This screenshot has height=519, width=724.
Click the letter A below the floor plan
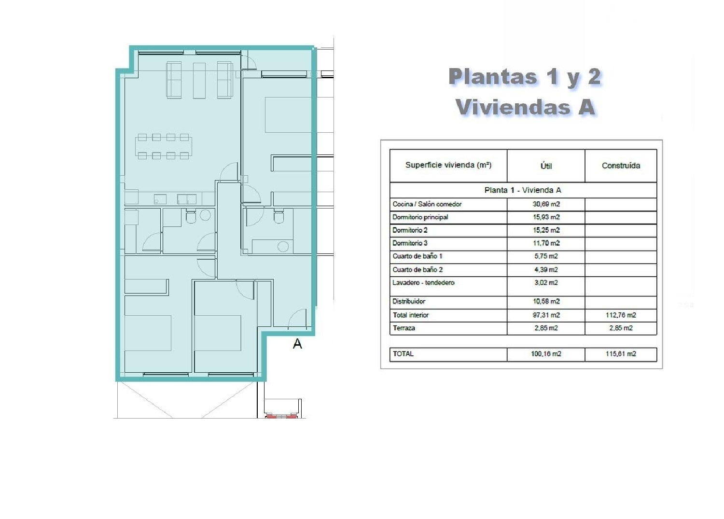[x=297, y=344]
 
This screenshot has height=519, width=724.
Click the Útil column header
[x=546, y=166]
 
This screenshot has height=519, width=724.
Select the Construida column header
[x=621, y=166]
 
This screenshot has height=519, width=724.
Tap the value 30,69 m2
[x=546, y=204]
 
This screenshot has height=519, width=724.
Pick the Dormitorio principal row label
[x=420, y=217]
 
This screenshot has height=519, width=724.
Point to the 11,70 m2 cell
[x=546, y=243]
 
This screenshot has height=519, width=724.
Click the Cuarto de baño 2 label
[x=418, y=269]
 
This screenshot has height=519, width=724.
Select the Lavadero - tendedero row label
[x=423, y=283]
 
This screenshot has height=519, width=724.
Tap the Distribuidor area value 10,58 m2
[x=546, y=302]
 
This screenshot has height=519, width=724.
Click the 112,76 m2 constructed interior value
[x=621, y=315]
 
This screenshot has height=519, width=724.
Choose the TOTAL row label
[x=403, y=354]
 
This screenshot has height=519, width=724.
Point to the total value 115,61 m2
[x=621, y=354]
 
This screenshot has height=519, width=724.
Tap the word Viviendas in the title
[x=512, y=107]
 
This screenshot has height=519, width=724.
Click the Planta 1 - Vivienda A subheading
[x=523, y=190]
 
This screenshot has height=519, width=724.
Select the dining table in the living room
[x=163, y=147]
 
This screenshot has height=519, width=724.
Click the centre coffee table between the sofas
[x=199, y=80]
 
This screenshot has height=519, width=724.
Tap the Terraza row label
[x=404, y=328]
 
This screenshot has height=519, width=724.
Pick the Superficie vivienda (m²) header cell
[x=448, y=165]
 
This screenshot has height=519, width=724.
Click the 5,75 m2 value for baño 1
[x=546, y=256]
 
